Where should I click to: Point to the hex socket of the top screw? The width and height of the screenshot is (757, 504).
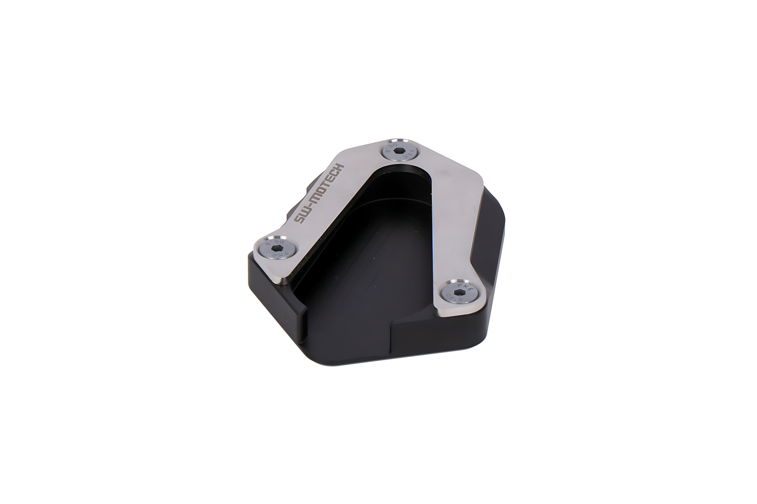tap(399, 151)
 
